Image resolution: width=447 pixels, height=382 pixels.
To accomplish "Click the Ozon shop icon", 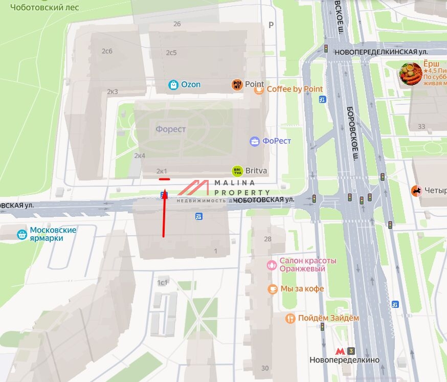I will (174, 85).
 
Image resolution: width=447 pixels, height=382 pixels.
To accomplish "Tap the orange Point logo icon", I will (237, 85).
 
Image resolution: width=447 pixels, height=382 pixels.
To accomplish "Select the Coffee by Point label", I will (295, 89).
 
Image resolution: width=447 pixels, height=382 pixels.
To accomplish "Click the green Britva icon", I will (237, 171).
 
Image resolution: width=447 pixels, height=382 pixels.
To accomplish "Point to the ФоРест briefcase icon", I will (254, 142).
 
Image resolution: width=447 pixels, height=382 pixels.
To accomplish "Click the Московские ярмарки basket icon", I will (22, 235).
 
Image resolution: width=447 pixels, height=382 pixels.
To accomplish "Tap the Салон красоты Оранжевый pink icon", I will (272, 265).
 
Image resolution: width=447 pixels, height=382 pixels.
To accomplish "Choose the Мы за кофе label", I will (302, 289).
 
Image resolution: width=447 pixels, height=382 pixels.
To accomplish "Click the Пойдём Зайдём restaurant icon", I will (290, 318).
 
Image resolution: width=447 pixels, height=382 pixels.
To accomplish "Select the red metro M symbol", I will (340, 351).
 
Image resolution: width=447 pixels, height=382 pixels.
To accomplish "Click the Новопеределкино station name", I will (344, 360).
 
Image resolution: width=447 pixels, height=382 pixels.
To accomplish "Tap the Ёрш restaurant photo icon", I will (411, 74).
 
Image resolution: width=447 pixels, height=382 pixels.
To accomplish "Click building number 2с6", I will (107, 51).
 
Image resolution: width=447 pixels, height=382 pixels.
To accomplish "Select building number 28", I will (267, 239).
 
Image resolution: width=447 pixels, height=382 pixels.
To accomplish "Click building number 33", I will (421, 126).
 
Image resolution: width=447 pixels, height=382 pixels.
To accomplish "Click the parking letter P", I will (271, 25).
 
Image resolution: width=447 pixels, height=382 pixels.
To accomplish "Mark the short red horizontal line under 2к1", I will (164, 179).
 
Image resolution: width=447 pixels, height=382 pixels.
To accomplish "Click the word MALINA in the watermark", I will (234, 183).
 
